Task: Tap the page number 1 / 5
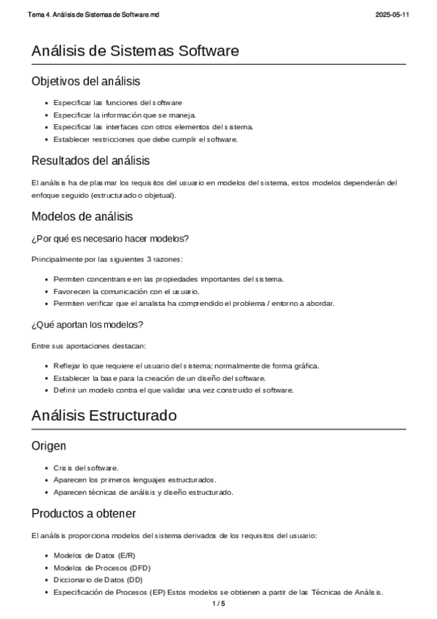[x=218, y=604]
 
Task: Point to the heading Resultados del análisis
[x=90, y=160]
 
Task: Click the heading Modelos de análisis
[x=82, y=216]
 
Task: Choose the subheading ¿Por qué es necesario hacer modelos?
[x=110, y=239]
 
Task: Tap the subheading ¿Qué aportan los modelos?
[x=87, y=324]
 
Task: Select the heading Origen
[x=50, y=445]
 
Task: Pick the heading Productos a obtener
[x=84, y=514]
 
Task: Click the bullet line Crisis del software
[x=86, y=468]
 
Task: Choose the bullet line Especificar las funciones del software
[x=117, y=103]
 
